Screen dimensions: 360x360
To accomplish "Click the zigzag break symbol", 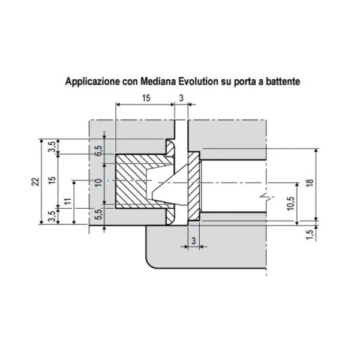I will tap(262, 197).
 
